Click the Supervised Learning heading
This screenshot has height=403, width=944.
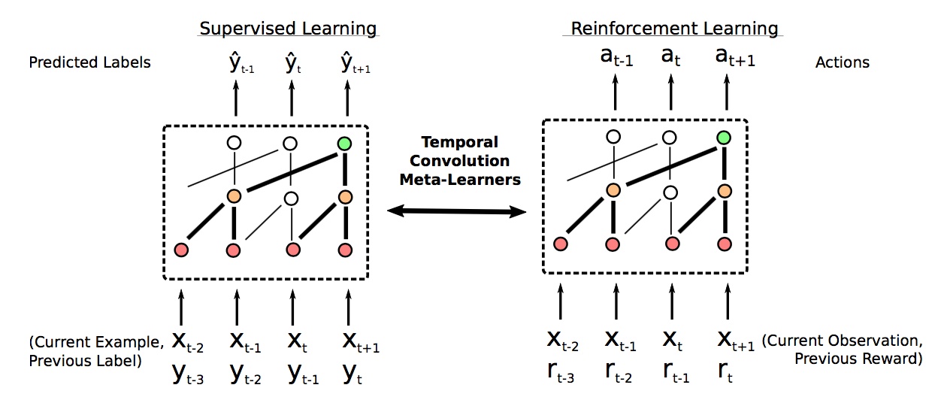pos(287,29)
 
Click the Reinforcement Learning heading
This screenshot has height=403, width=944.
pos(673,29)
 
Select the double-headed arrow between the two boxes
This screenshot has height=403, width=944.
pos(455,213)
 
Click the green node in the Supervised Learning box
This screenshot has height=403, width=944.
pos(345,142)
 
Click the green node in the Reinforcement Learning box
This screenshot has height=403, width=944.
pos(724,137)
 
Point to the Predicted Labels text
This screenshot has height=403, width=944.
pos(89,62)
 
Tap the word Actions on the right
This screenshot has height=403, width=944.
pos(842,62)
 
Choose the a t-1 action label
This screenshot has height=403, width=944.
pos(616,58)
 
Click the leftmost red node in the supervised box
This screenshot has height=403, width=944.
pos(180,250)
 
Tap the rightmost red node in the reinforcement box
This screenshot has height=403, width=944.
pos(725,244)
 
